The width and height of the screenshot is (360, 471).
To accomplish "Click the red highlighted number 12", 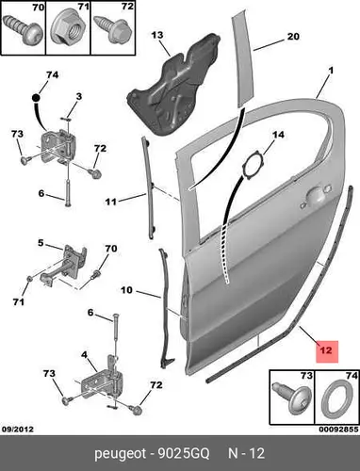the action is point(326,350).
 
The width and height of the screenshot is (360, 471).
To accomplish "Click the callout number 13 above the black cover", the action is point(157,35).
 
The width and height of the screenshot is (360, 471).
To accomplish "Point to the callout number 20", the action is point(293,37).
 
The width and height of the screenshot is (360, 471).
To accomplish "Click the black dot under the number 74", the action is point(37,98).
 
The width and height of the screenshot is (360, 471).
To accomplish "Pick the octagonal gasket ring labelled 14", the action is point(254,166).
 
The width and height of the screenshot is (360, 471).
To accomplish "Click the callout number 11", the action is point(110,202).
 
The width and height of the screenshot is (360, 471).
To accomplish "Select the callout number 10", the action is point(127,290).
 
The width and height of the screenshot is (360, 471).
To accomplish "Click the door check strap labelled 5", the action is point(63,266).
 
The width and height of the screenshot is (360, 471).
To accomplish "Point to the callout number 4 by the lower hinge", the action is point(84,355).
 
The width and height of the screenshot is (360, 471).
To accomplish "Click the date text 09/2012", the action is point(18,429).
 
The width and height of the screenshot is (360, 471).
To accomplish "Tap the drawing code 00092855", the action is point(338,430).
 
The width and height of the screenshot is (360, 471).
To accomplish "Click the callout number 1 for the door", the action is point(331,71).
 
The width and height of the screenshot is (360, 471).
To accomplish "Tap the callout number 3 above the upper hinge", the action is point(79,96).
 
